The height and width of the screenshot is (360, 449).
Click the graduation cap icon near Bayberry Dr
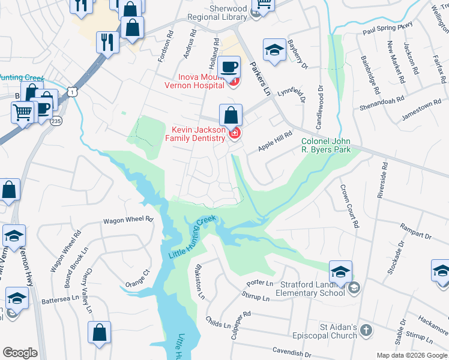tap(274, 50)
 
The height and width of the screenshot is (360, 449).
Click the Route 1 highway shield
tap(73, 91)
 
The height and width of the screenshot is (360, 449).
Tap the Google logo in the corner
tap(20, 353)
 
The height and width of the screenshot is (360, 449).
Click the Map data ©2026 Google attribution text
tap(412, 355)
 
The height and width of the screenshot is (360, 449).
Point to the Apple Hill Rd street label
tap(274, 141)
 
